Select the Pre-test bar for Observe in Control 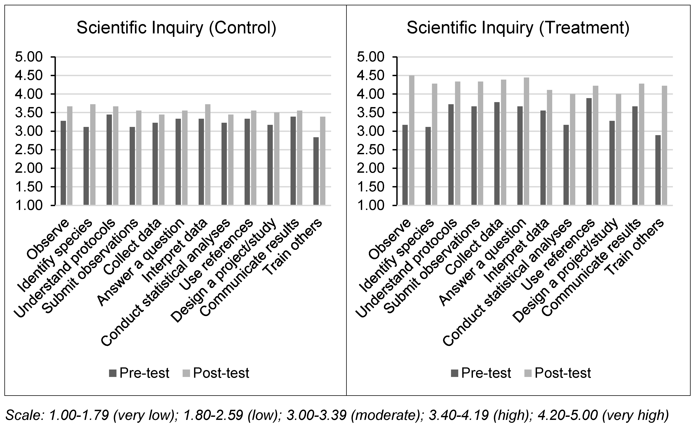point(63,163)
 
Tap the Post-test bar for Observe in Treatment point(412,140)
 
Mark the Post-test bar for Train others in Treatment point(665,145)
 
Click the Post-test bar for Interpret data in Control point(208,155)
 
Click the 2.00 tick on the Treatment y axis point(395,168)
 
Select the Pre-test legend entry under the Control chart point(139,373)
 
